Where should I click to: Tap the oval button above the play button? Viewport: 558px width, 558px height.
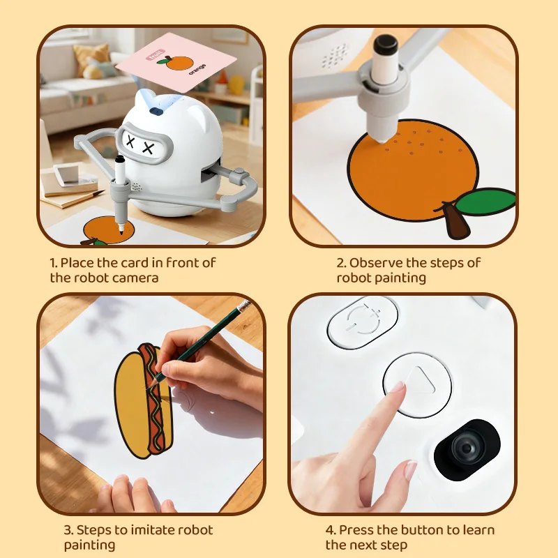tap(363, 321)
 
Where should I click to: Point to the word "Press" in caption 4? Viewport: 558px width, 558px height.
tap(354, 530)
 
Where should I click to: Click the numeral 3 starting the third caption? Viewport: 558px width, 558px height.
tap(67, 530)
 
